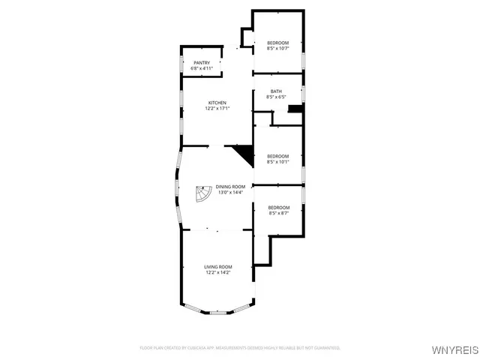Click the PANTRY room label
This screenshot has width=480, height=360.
[x=202, y=62]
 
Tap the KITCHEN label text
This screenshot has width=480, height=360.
[x=217, y=103]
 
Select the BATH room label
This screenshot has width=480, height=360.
[x=277, y=91]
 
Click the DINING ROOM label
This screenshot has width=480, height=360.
[x=231, y=187]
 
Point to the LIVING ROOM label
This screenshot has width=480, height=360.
[x=218, y=267]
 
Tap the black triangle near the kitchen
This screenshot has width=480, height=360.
[x=244, y=154]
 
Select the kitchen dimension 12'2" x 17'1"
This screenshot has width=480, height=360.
[x=217, y=109]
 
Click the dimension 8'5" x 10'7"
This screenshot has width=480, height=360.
[x=277, y=49]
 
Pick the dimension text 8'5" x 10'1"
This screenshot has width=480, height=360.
[x=277, y=162]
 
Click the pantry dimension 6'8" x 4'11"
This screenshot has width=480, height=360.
[x=202, y=68]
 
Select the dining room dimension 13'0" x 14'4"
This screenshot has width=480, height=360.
[x=231, y=193]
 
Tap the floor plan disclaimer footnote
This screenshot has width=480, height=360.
[x=240, y=348]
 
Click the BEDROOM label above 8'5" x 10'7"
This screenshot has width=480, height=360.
[x=277, y=43]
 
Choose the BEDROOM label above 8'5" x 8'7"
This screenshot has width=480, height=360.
[x=278, y=208]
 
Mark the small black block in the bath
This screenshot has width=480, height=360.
[x=296, y=109]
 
